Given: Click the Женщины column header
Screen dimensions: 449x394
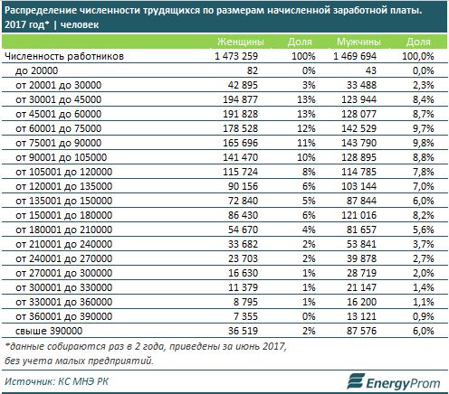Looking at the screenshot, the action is click(241, 42).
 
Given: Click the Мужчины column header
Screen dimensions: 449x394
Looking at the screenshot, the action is click(358, 42).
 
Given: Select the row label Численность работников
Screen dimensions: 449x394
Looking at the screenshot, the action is click(64, 56).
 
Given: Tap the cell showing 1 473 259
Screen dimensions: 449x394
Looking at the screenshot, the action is click(236, 56).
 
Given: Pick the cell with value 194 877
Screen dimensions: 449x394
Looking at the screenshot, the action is click(241, 99).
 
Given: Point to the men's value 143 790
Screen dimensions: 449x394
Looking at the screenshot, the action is click(358, 143).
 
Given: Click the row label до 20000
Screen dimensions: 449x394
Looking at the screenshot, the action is click(36, 70).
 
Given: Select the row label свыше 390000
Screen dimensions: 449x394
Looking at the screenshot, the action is click(49, 331).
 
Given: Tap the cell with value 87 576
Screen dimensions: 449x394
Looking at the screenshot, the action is click(361, 331).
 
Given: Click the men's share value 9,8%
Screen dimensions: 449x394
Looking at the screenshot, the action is click(424, 143).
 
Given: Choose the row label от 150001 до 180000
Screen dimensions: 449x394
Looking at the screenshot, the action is click(64, 215).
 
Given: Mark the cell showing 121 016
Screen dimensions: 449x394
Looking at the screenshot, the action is click(358, 215).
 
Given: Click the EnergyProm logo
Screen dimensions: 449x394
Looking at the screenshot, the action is click(394, 382).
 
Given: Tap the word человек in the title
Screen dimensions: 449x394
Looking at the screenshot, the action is click(80, 24).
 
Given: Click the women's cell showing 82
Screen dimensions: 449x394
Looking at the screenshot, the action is click(253, 70).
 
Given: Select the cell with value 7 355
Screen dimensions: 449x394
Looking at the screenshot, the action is click(245, 316).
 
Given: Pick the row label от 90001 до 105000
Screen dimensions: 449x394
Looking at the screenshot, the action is click(62, 157).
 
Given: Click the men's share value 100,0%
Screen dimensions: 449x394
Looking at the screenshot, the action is click(418, 56).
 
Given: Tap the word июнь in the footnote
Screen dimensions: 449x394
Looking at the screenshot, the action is click(246, 346).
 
